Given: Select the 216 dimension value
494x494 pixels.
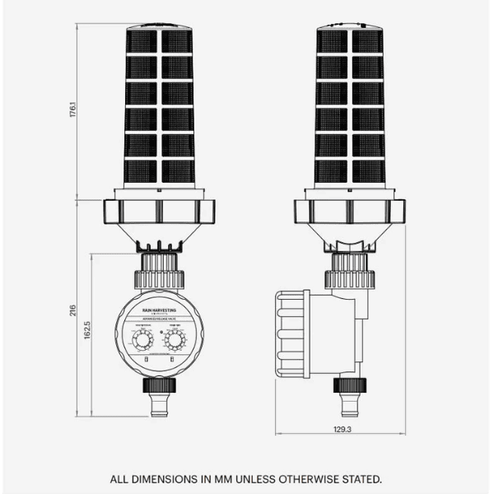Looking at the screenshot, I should point(72,310).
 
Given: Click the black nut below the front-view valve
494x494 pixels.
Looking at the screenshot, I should point(159,384).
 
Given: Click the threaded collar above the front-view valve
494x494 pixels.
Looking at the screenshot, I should point(159,268).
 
